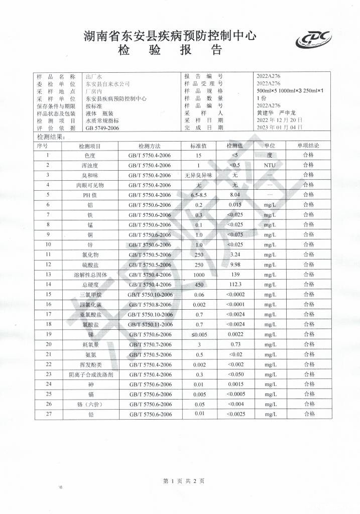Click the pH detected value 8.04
[235, 195]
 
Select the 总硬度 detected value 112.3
[235, 284]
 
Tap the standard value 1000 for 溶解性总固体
[198, 274]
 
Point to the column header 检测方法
[149, 146]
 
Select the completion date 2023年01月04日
[279, 128]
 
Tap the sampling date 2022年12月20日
[279, 121]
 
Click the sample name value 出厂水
[94, 76]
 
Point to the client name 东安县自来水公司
[107, 84]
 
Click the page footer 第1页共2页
[184, 480]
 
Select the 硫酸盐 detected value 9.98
[235, 265]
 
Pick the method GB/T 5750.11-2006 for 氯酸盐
[149, 324]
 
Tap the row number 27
[48, 414]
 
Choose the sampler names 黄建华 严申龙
[274, 113]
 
